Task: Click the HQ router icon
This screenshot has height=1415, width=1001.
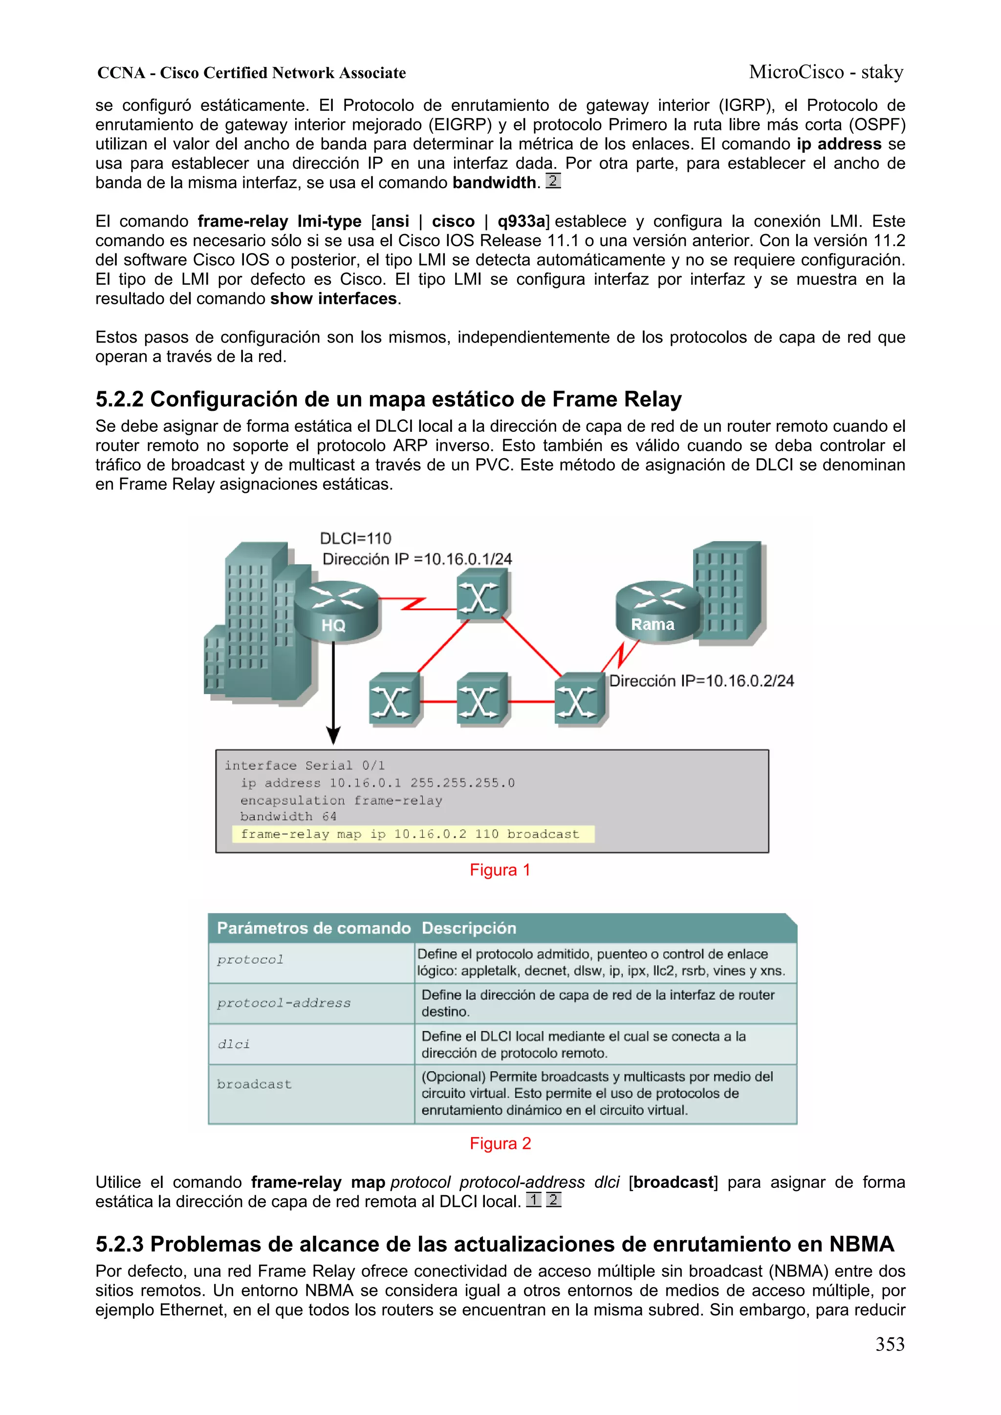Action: click(x=336, y=612)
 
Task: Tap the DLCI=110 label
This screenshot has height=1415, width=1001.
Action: click(x=356, y=539)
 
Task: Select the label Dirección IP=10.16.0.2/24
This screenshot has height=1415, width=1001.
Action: click(x=701, y=681)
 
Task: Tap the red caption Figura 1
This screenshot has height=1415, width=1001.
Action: click(x=500, y=870)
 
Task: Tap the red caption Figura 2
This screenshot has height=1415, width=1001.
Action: click(x=500, y=1144)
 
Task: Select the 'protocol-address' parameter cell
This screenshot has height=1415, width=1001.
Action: click(x=283, y=1003)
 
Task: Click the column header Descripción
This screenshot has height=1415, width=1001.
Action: click(x=469, y=928)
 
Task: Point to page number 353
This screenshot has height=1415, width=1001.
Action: click(x=890, y=1345)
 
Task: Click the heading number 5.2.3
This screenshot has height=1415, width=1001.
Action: click(x=119, y=1244)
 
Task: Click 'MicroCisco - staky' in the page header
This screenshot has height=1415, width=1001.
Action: click(x=826, y=72)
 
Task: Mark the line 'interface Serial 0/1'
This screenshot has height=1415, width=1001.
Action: click(x=305, y=765)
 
